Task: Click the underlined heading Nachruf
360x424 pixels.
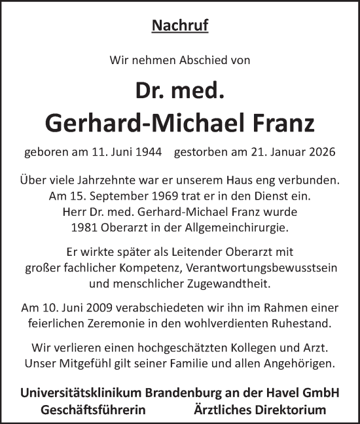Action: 180,26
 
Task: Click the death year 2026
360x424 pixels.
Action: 322,152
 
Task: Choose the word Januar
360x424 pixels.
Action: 283,152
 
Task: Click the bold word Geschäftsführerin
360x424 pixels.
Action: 92,410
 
